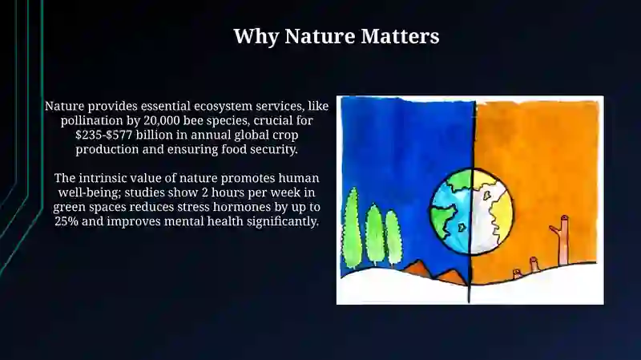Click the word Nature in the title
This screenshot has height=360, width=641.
(x=320, y=36)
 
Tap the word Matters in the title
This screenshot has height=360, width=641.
(x=400, y=36)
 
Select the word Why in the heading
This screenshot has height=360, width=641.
(x=256, y=37)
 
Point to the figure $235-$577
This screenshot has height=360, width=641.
(x=104, y=135)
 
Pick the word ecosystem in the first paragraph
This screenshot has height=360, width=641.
(x=223, y=107)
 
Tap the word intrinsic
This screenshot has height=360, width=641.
(x=103, y=178)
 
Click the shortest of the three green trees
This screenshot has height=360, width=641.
(x=393, y=237)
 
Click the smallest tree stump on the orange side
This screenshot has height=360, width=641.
(x=517, y=273)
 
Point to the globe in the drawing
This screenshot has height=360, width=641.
(x=471, y=211)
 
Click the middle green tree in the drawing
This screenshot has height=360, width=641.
(x=375, y=235)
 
